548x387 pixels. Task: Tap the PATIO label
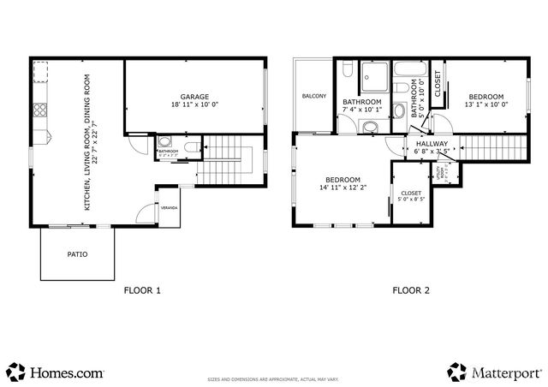click(77, 254)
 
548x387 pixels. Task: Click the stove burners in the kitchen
click(39, 110)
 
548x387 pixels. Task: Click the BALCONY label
click(313, 96)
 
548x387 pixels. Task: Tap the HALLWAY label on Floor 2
click(432, 144)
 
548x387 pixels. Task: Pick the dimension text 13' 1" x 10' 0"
click(485, 104)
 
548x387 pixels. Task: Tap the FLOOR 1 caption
click(142, 290)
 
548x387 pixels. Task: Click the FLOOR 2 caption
click(411, 290)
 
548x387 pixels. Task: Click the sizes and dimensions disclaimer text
click(274, 377)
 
